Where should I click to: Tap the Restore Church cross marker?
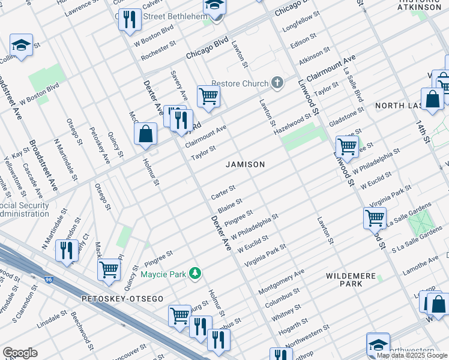[277, 82]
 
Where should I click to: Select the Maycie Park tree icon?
[194, 274]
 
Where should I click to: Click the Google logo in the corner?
[20, 352]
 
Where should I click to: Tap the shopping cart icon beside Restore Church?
[208, 95]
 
